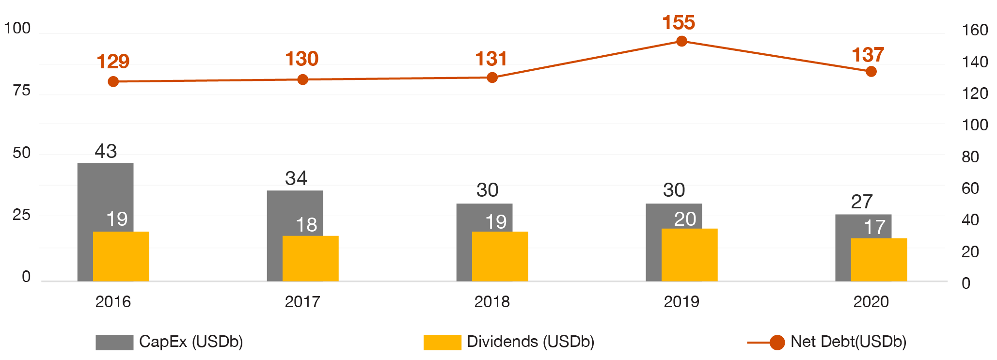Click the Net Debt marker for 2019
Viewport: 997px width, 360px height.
(681, 41)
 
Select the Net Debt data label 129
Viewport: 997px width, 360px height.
(113, 62)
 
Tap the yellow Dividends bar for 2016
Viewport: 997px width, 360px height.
(121, 256)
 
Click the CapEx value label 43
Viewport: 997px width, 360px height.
(106, 151)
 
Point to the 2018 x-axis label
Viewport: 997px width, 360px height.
(492, 302)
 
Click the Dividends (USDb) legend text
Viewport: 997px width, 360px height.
(530, 342)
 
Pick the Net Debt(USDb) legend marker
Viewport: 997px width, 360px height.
(777, 343)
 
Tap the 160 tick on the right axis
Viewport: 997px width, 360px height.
(975, 31)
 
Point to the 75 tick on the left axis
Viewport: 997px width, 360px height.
(21, 91)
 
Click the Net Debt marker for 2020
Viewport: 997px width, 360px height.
(871, 72)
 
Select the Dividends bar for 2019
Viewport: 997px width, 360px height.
(690, 255)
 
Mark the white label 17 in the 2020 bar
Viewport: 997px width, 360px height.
(874, 227)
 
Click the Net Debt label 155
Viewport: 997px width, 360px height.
(679, 23)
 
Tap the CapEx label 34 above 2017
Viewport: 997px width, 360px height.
(296, 178)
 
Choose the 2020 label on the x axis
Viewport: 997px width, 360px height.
(871, 302)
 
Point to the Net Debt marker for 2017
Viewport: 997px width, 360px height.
(302, 79)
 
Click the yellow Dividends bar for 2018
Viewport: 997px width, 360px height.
(500, 256)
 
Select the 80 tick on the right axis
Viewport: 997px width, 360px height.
(970, 157)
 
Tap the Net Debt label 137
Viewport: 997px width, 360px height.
(868, 55)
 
